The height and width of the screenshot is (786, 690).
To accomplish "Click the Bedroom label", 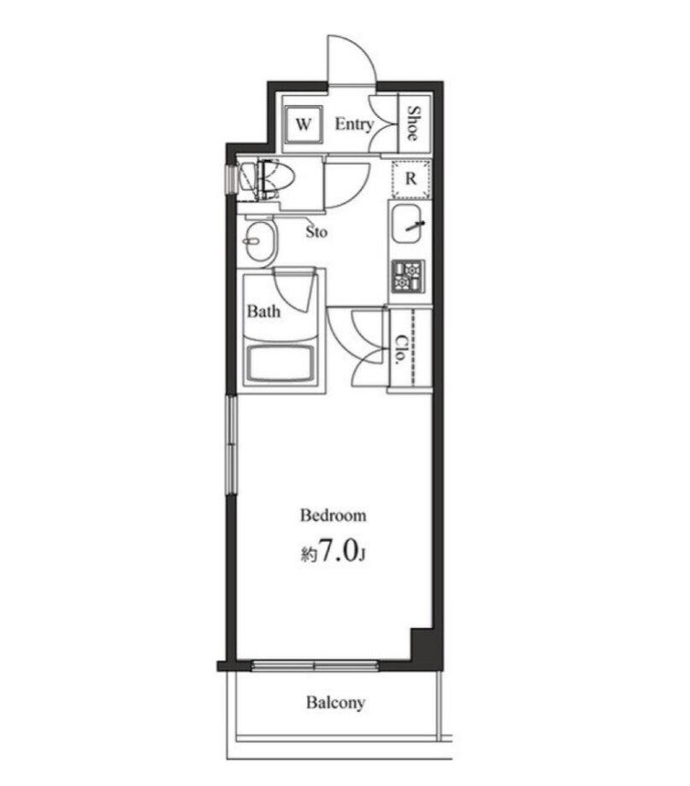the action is (x=333, y=515).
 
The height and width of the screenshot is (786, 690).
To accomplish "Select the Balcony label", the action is (x=335, y=703).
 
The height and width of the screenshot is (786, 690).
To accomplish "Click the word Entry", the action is (x=354, y=124).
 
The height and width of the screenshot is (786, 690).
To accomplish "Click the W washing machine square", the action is (x=303, y=125).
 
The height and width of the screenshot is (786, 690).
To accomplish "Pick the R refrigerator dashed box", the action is (x=411, y=179).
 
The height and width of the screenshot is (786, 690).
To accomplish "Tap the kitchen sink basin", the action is (x=409, y=224).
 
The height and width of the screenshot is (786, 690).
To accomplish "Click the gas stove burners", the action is (x=408, y=276).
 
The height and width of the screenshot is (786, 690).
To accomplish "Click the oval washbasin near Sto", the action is (x=261, y=242).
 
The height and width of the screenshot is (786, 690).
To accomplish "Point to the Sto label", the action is (x=316, y=232).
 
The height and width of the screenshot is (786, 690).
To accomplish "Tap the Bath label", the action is (x=263, y=311).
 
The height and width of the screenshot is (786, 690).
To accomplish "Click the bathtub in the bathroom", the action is (x=280, y=363).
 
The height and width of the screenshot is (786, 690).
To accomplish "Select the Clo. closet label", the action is (x=401, y=349).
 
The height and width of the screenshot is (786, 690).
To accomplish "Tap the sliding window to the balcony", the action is (x=314, y=666).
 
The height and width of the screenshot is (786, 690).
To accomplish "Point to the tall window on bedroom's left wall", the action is (x=231, y=445).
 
